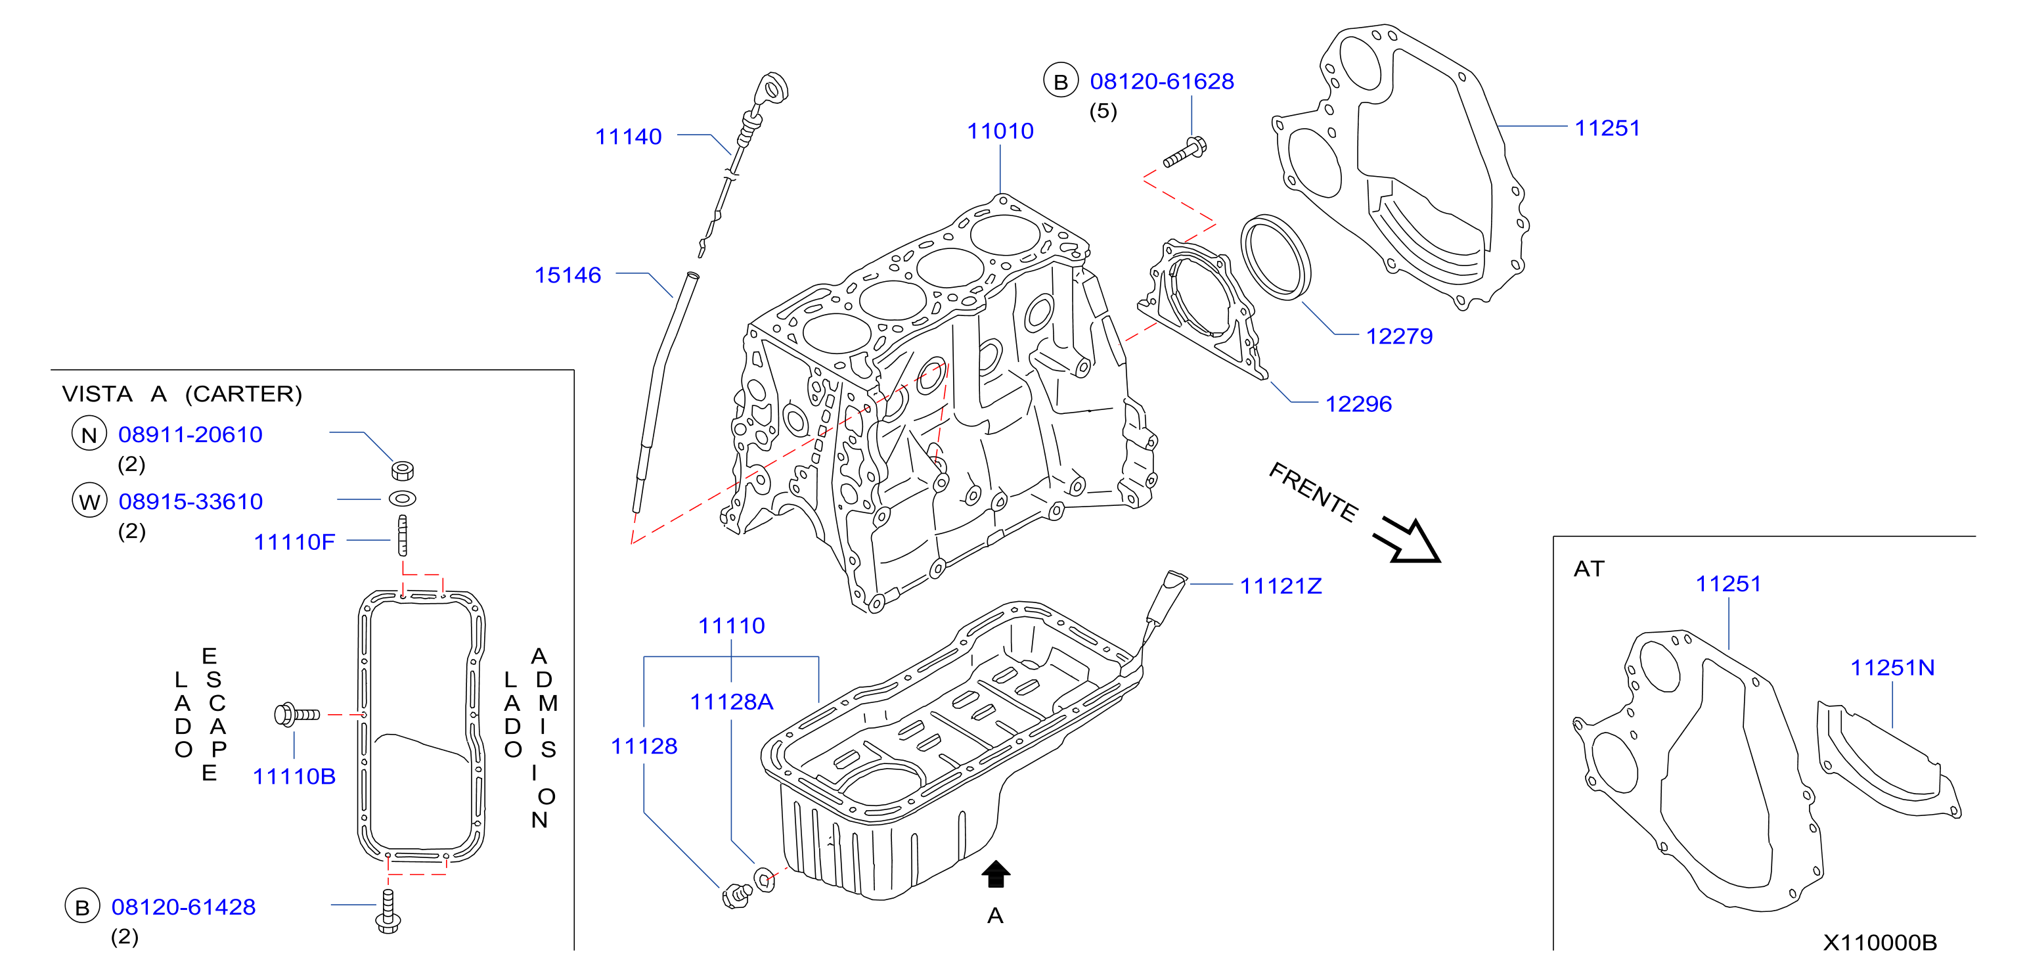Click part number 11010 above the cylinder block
(x=1000, y=131)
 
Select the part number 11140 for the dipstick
(x=628, y=136)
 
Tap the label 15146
(x=568, y=275)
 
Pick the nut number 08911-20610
(x=190, y=434)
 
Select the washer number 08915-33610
(x=190, y=501)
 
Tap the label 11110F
(x=294, y=541)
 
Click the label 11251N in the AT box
(x=1892, y=668)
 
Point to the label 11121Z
(x=1280, y=585)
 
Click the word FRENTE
(x=1313, y=493)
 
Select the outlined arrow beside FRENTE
(x=1408, y=541)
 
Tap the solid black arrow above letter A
(x=995, y=873)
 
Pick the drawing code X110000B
(x=1880, y=942)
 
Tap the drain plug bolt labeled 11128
(x=736, y=896)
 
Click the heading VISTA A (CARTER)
(x=182, y=394)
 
